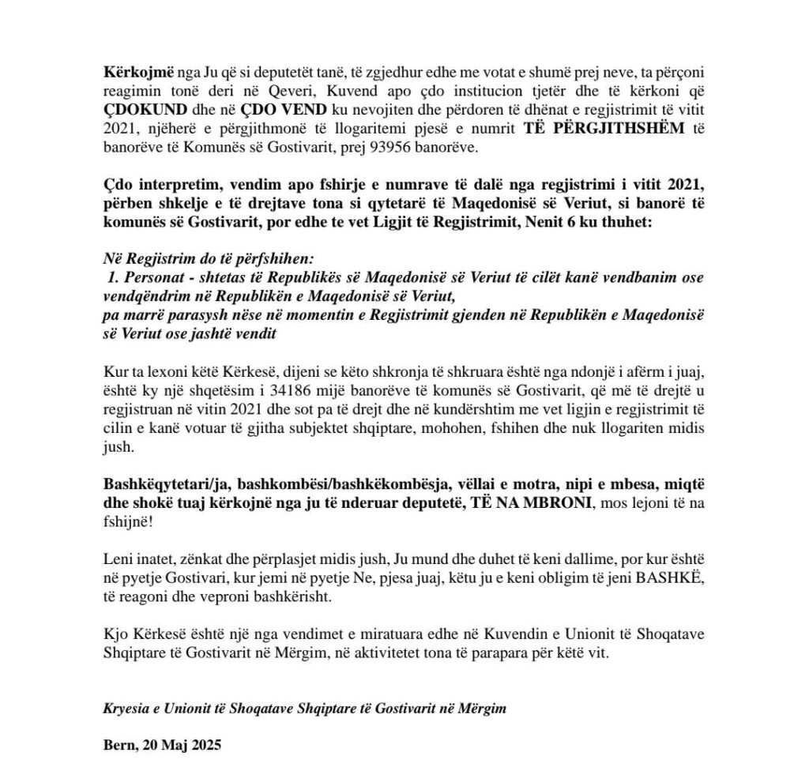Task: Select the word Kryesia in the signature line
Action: click(x=125, y=709)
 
